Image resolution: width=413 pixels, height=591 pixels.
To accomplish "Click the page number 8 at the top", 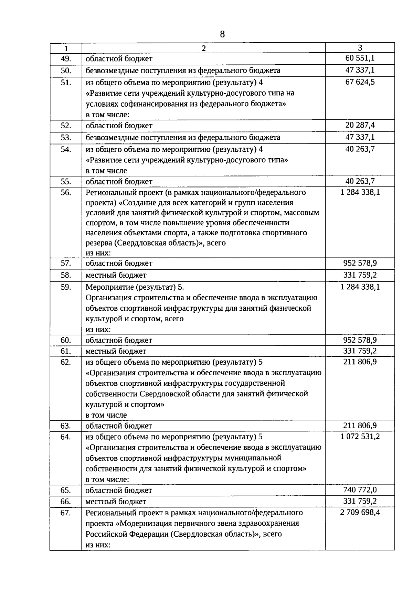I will [x=222, y=34].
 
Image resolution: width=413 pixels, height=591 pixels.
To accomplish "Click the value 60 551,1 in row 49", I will [x=360, y=58].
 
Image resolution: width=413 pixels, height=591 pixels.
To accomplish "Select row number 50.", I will [x=66, y=71].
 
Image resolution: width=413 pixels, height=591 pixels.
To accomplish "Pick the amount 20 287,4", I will [x=360, y=125].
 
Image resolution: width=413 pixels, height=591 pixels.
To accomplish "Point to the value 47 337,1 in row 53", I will [x=360, y=137].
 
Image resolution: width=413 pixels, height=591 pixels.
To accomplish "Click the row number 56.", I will [x=66, y=192].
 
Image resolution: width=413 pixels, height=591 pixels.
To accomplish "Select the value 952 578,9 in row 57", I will [x=360, y=263].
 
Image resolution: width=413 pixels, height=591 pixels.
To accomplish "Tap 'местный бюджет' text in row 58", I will [x=116, y=275].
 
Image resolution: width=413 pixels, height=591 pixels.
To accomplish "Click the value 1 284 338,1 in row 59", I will [x=360, y=287].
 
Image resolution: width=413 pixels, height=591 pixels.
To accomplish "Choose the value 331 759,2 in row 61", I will [x=360, y=351].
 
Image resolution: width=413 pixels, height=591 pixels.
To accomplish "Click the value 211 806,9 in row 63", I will [x=360, y=426].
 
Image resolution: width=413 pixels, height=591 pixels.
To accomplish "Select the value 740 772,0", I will [x=360, y=490].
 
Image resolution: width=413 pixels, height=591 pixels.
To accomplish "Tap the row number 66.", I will [x=66, y=501].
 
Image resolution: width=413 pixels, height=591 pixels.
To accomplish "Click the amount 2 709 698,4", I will [x=360, y=512].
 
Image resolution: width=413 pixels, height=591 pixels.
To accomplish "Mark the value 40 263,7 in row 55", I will [x=360, y=181].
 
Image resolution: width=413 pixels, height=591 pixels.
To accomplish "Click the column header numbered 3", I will [x=360, y=48].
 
